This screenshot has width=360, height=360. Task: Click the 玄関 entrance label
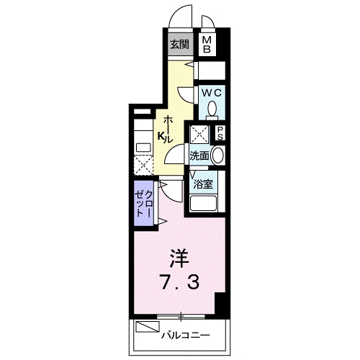179,44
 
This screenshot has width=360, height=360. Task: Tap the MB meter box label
206,45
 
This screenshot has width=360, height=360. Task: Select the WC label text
211,94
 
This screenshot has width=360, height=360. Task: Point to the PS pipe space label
220,134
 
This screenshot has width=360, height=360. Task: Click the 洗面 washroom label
199,155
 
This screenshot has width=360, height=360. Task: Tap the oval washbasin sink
217,154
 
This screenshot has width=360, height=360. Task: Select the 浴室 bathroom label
202,183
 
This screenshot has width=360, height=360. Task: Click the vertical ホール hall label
168,127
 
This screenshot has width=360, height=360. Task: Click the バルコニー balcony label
185,335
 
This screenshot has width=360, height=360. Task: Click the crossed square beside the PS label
199,133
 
